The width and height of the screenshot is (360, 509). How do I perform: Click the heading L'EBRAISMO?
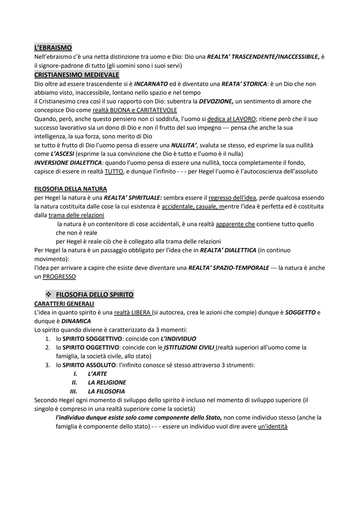(x=53, y=48)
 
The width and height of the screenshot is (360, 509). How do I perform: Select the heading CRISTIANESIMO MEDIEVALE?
(x=77, y=75)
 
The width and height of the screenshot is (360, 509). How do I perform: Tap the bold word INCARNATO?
(x=151, y=84)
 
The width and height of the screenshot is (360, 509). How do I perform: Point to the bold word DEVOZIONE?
(x=216, y=101)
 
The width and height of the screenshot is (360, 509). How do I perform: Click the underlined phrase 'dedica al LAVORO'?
(x=231, y=119)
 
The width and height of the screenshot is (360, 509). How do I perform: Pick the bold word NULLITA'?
(x=184, y=145)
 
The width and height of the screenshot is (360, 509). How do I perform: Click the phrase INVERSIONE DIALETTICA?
(x=68, y=163)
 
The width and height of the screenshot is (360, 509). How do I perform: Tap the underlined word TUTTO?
(x=114, y=171)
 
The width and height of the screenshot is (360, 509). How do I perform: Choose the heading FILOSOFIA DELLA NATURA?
(x=71, y=189)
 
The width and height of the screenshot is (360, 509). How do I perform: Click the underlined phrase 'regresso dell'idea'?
(x=232, y=198)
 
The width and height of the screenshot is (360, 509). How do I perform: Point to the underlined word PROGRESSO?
(x=59, y=276)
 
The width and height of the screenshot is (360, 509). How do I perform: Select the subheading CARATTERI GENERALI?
(x=64, y=304)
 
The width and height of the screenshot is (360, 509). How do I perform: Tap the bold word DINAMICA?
(x=76, y=321)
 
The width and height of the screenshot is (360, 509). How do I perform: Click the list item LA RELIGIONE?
(x=107, y=382)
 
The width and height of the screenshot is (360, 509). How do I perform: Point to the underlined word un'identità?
(x=272, y=426)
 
